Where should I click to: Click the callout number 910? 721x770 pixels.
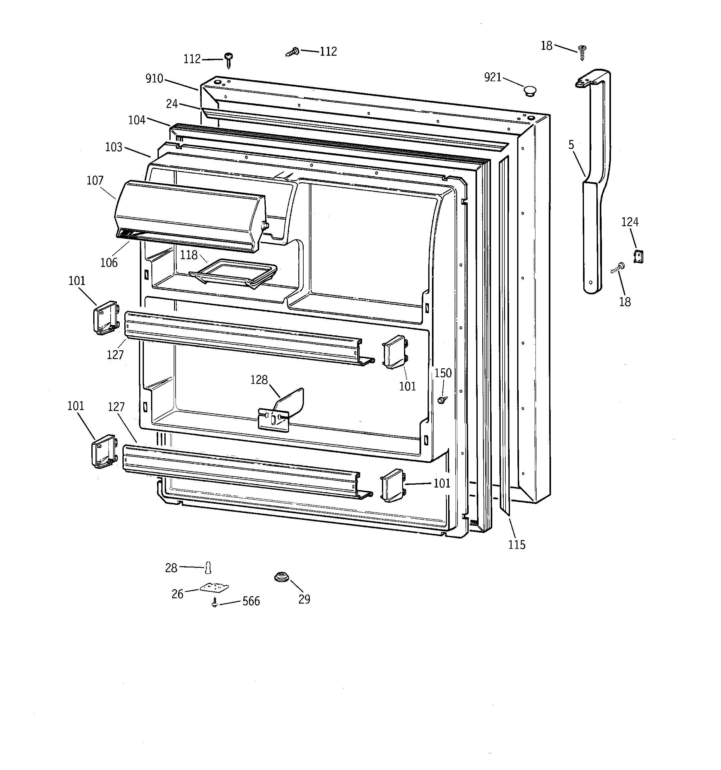coord(154,79)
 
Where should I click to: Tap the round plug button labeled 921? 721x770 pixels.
coord(530,91)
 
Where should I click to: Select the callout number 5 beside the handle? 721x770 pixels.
coord(571,145)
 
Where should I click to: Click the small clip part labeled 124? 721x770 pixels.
coord(638,257)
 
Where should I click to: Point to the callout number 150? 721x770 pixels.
coord(443,373)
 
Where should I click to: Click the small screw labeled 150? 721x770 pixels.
coord(441,400)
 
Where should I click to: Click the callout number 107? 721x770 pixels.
coord(95,180)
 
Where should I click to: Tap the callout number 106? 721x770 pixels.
coord(109,263)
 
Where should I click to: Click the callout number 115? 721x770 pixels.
coord(517,544)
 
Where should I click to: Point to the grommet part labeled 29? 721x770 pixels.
coord(282,577)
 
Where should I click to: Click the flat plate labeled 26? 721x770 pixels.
coord(214,588)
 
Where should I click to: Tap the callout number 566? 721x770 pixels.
coord(251,601)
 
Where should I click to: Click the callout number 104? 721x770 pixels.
coord(137,120)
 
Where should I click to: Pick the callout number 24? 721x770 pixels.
coord(172,104)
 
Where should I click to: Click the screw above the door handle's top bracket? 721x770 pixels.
coord(582,52)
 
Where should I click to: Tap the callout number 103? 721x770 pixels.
coord(114,147)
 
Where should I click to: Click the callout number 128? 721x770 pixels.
coord(259,380)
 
